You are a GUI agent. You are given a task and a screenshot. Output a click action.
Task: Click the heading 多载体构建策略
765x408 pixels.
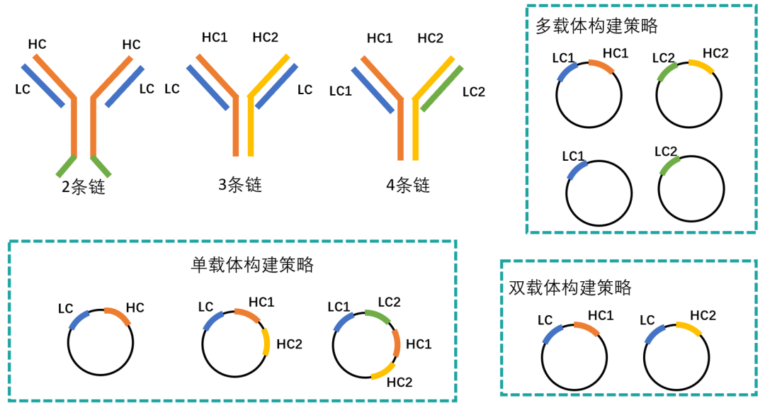pyautogui.click(x=597, y=26)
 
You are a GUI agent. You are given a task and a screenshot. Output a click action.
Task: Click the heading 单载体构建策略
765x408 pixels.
pyautogui.click(x=252, y=265)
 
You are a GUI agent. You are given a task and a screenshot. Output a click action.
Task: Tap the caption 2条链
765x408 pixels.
pyautogui.click(x=83, y=187)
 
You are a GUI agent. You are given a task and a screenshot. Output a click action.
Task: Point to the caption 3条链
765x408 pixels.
pyautogui.click(x=240, y=185)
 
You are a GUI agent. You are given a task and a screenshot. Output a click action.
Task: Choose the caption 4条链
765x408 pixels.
pyautogui.click(x=408, y=186)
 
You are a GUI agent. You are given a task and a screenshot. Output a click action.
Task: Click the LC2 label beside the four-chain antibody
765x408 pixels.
pyautogui.click(x=473, y=91)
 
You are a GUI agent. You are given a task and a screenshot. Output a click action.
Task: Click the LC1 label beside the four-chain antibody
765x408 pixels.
pyautogui.click(x=341, y=91)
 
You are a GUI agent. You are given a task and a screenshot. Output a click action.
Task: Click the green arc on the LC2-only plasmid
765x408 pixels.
pyautogui.click(x=668, y=166)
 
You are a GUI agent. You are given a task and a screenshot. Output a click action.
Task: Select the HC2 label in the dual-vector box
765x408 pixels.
pyautogui.click(x=703, y=314)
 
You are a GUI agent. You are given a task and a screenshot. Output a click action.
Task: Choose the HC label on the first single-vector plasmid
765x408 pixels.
pyautogui.click(x=135, y=307)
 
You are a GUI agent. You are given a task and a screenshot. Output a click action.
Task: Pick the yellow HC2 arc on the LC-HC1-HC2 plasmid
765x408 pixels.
pyautogui.click(x=266, y=341)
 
